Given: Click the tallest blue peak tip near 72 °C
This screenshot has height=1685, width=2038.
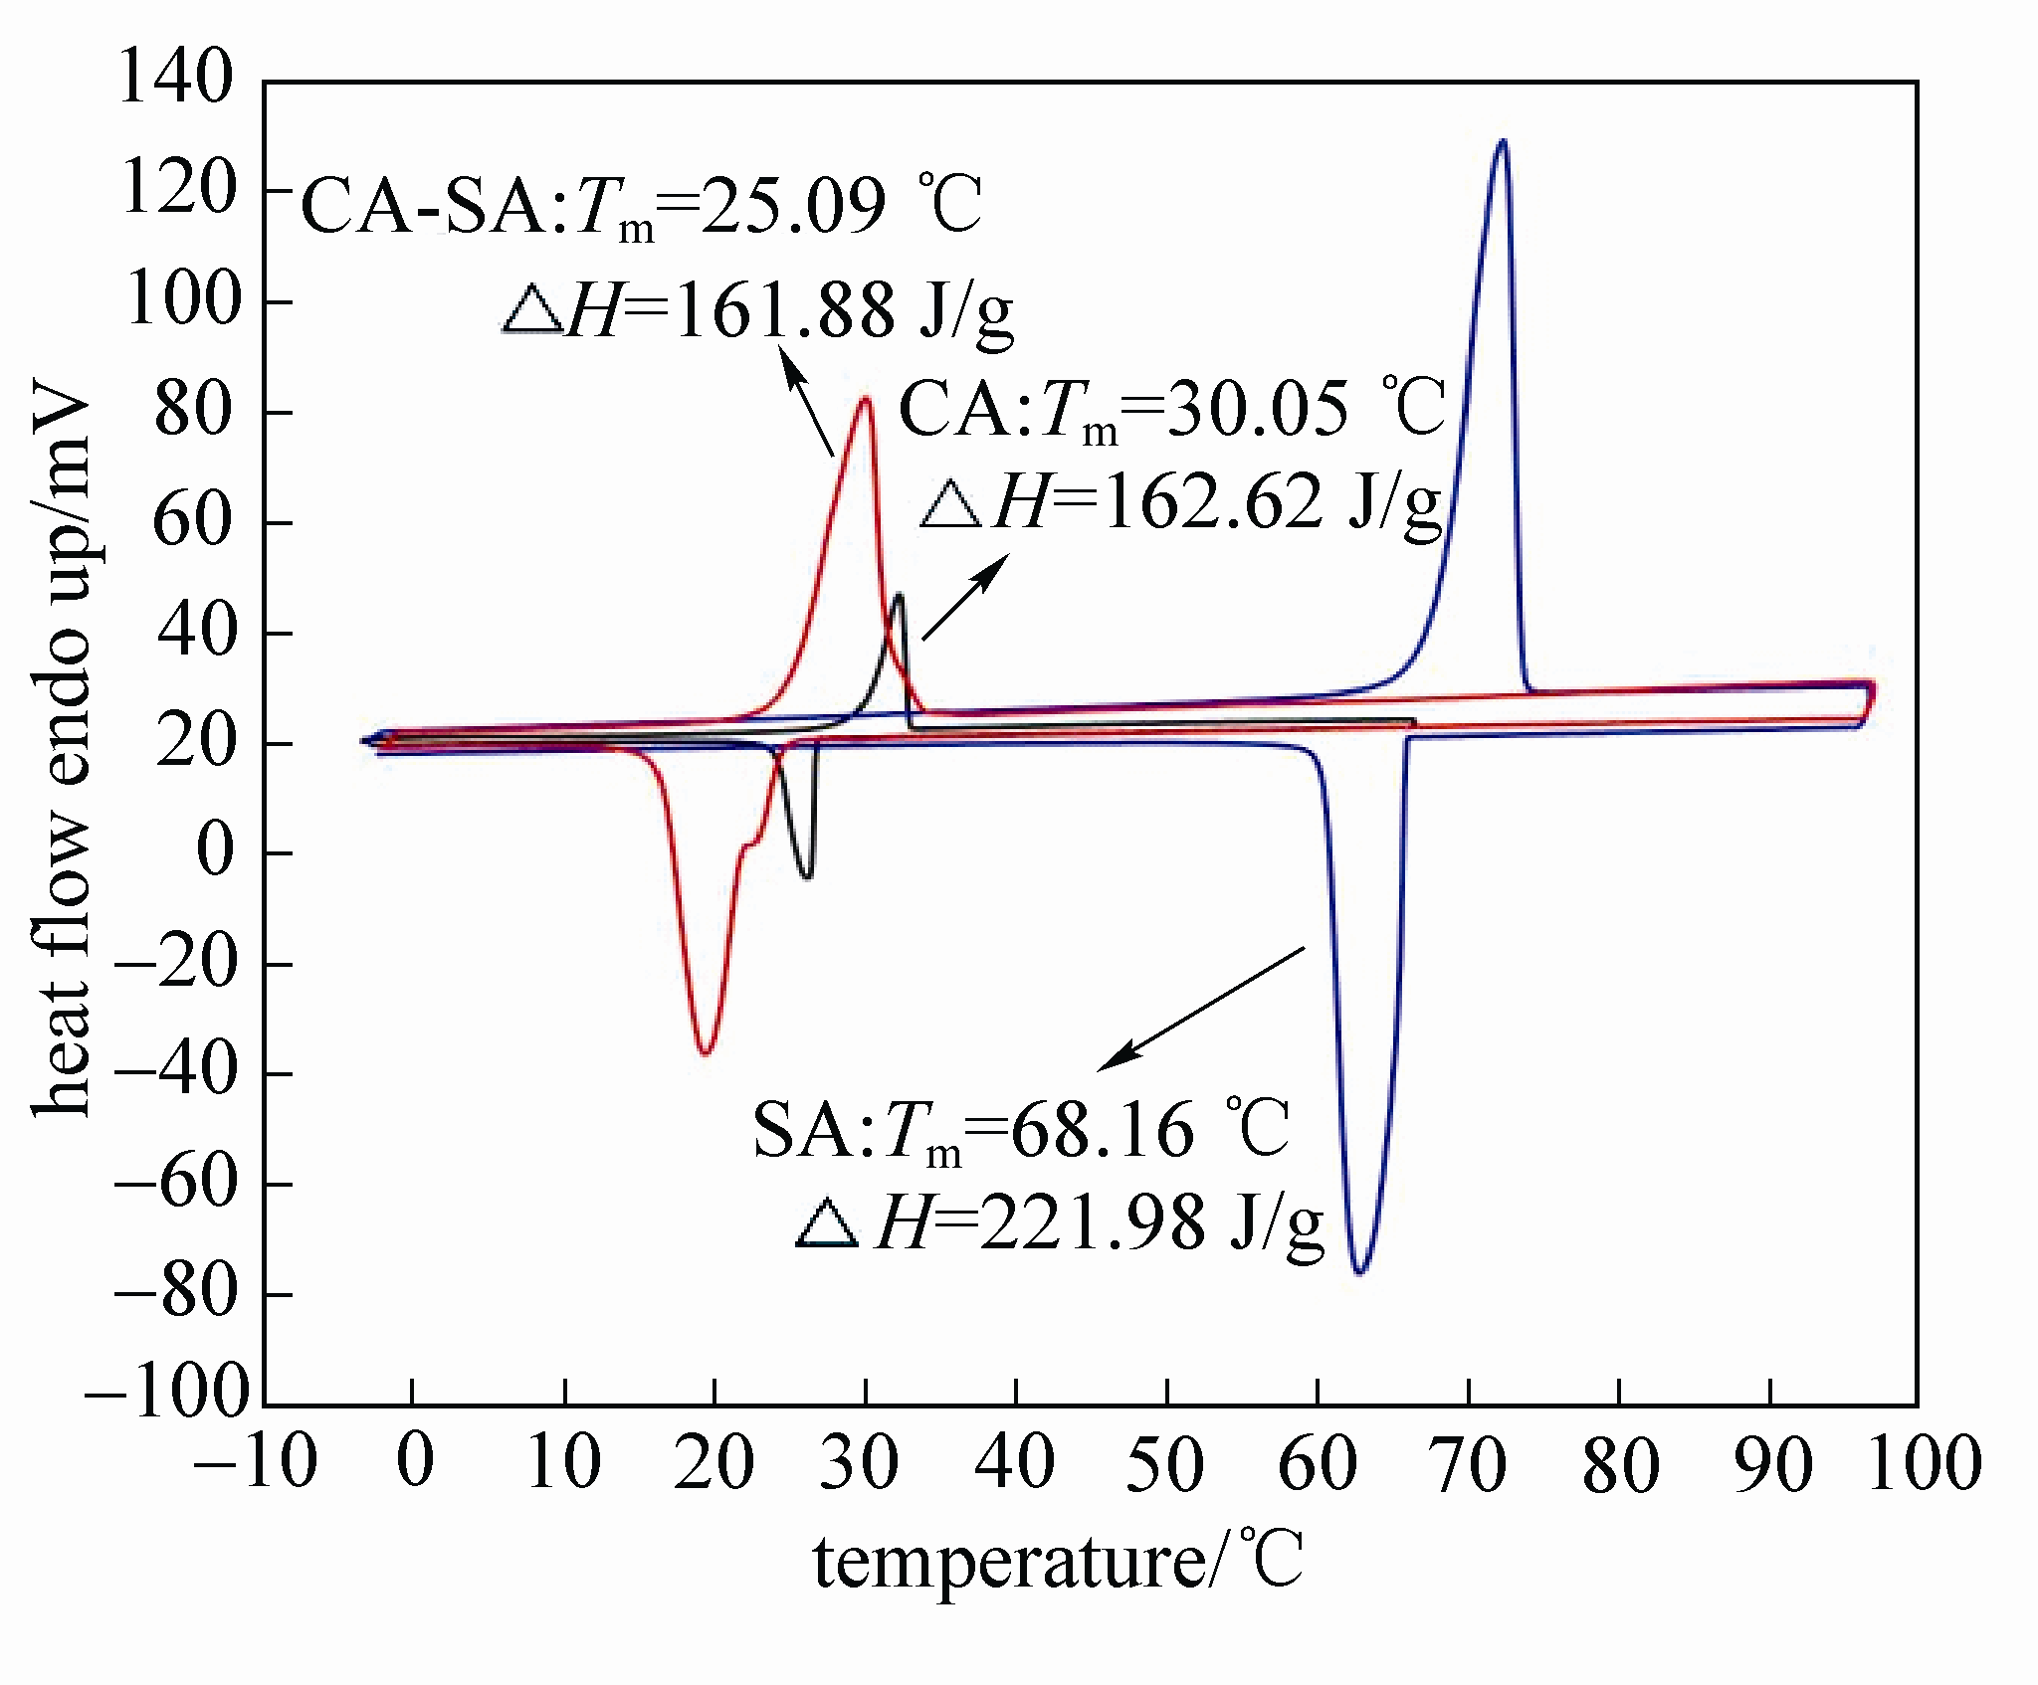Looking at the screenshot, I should point(1502,141).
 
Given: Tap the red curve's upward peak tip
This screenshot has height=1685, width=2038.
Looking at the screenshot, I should point(866,400).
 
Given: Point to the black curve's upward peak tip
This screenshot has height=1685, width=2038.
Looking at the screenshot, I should point(899,596).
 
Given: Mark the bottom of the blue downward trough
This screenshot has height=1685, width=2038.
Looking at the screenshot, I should point(1359,1271).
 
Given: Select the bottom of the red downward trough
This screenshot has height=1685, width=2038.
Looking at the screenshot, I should point(706,1052).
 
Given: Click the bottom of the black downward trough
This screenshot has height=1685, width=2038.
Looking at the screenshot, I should point(807,877).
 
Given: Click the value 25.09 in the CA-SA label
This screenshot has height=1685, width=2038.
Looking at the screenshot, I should point(792,206).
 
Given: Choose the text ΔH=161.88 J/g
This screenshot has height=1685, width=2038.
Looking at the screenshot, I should point(756,310).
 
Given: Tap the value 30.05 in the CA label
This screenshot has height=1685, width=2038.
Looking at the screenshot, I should point(1256,409).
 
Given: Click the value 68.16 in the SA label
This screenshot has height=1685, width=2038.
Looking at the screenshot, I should point(1101,1129).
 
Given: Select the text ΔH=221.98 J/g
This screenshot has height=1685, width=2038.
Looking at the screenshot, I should point(1061,1222).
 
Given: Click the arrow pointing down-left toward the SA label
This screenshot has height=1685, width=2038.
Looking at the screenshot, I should point(1200,1009).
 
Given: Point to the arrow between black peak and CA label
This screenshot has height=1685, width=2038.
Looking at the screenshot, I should point(964,597).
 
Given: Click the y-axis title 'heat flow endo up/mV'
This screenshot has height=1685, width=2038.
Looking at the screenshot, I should point(62,746).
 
